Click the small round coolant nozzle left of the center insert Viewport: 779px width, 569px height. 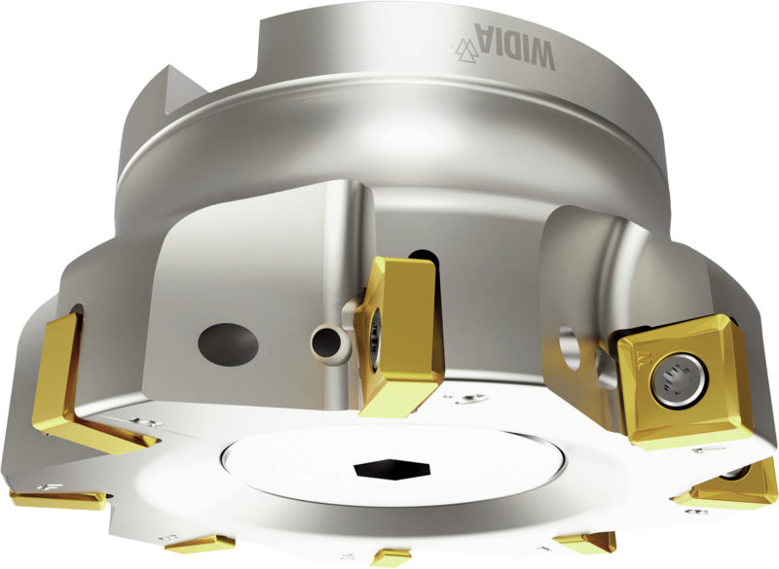[x=324, y=340]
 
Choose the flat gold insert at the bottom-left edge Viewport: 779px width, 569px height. [x=58, y=499]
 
